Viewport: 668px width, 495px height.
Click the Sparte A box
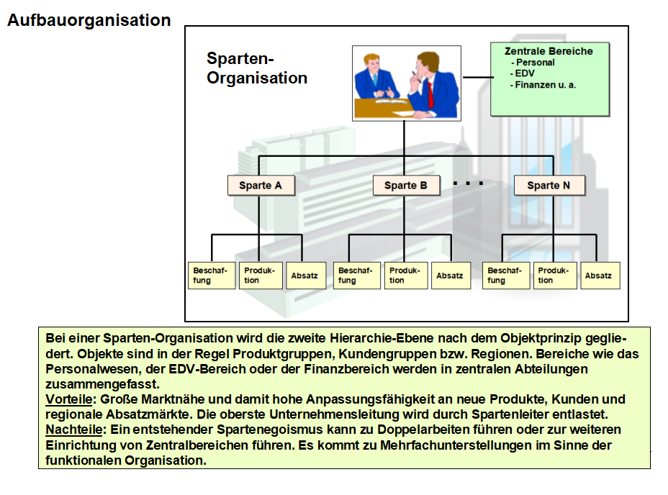tap(260, 186)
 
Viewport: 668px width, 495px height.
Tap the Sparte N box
tap(549, 186)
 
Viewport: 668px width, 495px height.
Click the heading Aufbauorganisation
tap(89, 20)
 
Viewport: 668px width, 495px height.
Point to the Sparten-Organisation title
tap(256, 68)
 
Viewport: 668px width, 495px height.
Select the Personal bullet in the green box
tap(534, 63)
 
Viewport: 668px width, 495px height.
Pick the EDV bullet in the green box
tap(525, 73)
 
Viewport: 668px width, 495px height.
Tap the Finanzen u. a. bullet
tap(545, 85)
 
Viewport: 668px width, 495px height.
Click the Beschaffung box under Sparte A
tap(210, 275)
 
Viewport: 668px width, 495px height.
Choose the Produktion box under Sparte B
tap(406, 275)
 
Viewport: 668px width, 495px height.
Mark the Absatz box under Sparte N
tap(598, 275)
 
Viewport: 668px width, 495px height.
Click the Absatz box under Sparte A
tap(304, 275)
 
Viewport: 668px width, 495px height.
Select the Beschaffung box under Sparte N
tap(505, 275)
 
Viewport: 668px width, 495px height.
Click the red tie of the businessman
tap(430, 93)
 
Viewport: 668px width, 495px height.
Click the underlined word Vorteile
tap(69, 399)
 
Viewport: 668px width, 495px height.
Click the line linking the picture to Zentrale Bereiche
tap(476, 77)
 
